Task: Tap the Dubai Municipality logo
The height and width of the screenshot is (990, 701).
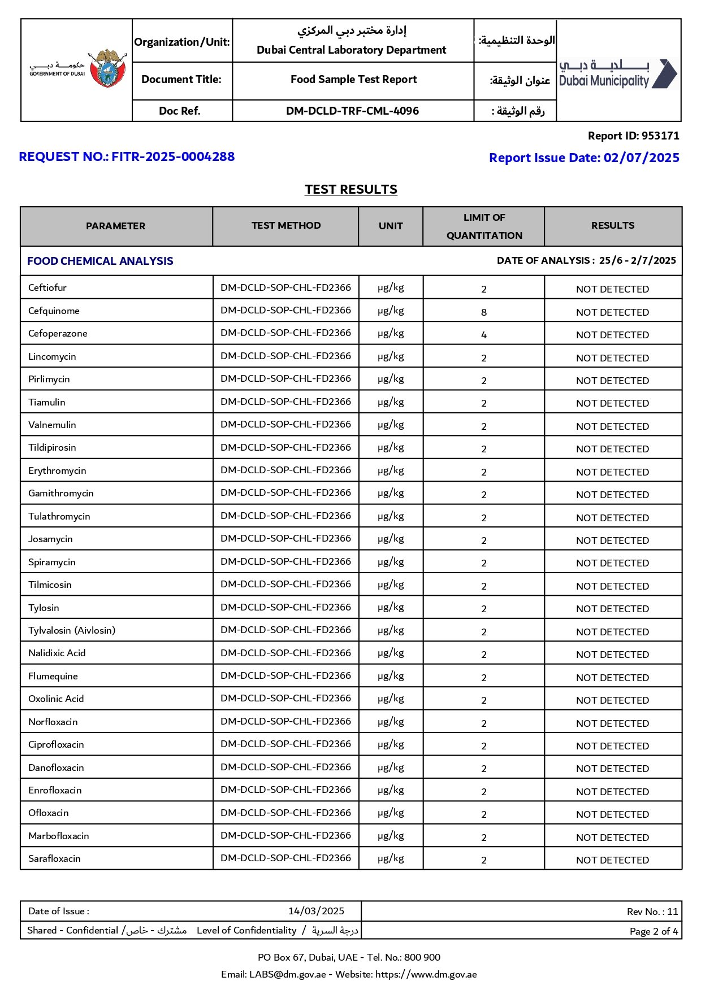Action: (x=618, y=74)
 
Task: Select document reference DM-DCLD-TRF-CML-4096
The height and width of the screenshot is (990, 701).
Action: (x=352, y=111)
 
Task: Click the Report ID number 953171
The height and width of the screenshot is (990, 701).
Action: (x=660, y=136)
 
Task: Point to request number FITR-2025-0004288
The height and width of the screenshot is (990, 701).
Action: (x=173, y=157)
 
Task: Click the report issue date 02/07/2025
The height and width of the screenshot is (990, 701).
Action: (x=641, y=158)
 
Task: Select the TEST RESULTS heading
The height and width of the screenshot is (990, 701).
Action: (x=350, y=190)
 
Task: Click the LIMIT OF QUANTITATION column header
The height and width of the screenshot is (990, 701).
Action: (x=484, y=226)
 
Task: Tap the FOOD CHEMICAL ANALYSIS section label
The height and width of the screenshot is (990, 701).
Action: (x=100, y=261)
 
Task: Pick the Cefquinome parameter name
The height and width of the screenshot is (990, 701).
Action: (x=54, y=311)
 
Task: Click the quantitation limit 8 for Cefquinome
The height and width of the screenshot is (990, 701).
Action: (x=484, y=312)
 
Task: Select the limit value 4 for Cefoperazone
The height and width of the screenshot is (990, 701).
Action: (x=484, y=335)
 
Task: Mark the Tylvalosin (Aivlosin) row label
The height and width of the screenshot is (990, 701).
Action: (x=72, y=630)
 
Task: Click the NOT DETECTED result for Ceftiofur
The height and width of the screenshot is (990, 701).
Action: (x=612, y=289)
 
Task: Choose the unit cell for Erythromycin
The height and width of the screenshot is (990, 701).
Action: (x=391, y=470)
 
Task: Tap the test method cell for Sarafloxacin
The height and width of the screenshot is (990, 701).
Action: (x=285, y=858)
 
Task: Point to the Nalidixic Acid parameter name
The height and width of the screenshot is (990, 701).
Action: (x=57, y=653)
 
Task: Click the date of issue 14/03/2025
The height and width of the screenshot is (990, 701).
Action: (x=316, y=911)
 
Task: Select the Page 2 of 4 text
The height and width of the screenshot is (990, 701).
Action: (x=654, y=931)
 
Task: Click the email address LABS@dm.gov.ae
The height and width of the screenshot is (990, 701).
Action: (x=288, y=974)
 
